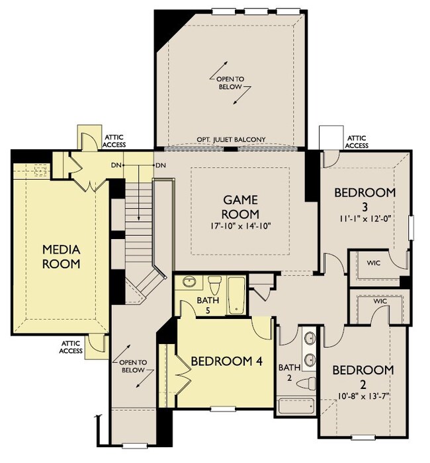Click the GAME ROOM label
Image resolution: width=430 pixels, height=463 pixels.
click(241, 206)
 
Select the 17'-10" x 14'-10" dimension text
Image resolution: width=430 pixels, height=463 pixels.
click(241, 225)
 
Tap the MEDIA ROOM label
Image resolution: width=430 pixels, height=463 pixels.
click(61, 256)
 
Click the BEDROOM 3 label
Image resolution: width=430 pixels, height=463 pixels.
click(365, 199)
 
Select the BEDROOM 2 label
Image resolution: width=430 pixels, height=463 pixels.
click(363, 377)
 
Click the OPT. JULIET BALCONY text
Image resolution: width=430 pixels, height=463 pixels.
click(231, 140)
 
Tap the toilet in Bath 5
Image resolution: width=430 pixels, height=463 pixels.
click(214, 287)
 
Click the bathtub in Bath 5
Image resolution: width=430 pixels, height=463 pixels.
click(236, 295)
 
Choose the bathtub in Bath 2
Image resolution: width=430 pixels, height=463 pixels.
click(296, 405)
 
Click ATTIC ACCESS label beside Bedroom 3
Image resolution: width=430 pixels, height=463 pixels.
click(357, 141)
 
